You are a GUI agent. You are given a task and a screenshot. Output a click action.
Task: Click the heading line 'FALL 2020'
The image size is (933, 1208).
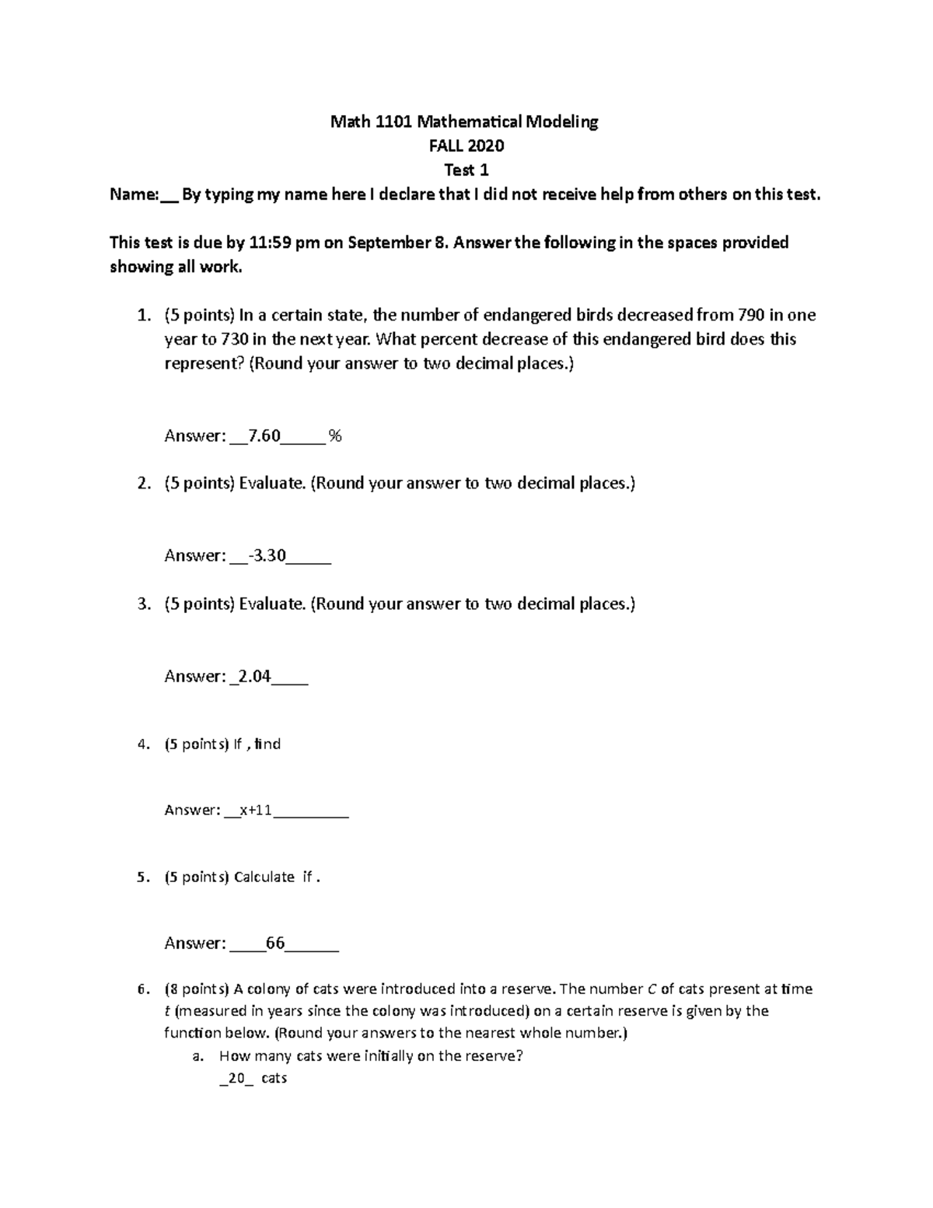tap(466, 145)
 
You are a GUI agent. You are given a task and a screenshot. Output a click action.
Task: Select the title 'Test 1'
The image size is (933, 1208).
tap(466, 170)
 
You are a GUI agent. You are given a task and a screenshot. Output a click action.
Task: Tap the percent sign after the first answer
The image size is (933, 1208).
tap(335, 436)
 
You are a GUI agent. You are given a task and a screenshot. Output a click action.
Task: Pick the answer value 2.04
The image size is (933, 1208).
tap(253, 676)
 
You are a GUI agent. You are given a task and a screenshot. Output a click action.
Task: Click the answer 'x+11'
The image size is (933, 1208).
tap(256, 810)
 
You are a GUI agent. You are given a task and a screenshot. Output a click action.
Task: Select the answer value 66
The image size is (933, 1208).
tap(275, 944)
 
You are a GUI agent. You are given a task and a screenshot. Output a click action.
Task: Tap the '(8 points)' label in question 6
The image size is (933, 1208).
tap(197, 989)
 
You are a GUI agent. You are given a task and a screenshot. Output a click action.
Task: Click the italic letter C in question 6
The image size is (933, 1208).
tap(652, 989)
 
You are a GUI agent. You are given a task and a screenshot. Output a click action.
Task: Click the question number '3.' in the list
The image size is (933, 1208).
tap(142, 604)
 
